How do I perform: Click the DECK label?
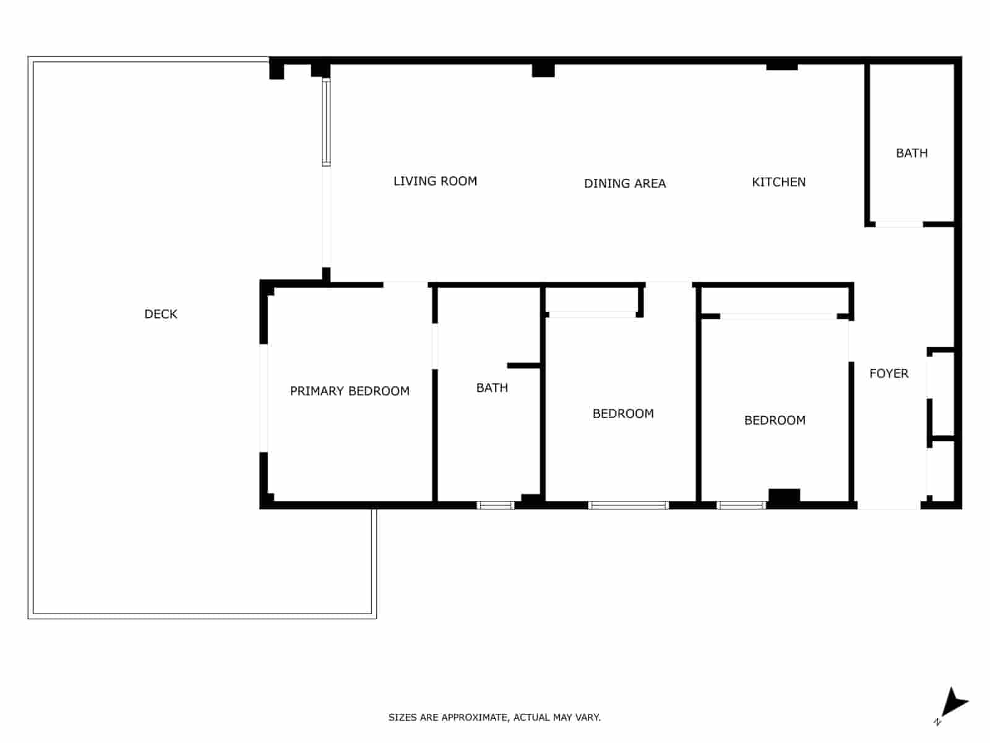tap(161, 314)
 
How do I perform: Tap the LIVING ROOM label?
tap(435, 181)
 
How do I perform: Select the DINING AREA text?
tap(625, 183)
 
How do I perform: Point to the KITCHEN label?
tap(778, 182)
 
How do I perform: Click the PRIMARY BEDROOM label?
tap(350, 391)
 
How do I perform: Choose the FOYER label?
tap(889, 373)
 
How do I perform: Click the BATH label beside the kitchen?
tap(911, 153)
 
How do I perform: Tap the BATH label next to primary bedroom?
tap(492, 388)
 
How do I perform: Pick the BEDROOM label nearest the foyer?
tap(775, 420)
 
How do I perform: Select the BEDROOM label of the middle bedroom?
tap(623, 414)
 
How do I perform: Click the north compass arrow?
tap(953, 704)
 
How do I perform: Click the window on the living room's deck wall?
tap(326, 123)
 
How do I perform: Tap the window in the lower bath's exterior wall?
tap(496, 505)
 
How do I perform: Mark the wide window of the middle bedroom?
tap(629, 505)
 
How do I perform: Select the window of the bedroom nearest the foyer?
tap(741, 505)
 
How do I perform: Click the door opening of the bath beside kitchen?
tap(899, 224)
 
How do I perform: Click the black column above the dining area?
tap(543, 70)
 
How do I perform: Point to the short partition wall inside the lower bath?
tap(524, 365)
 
